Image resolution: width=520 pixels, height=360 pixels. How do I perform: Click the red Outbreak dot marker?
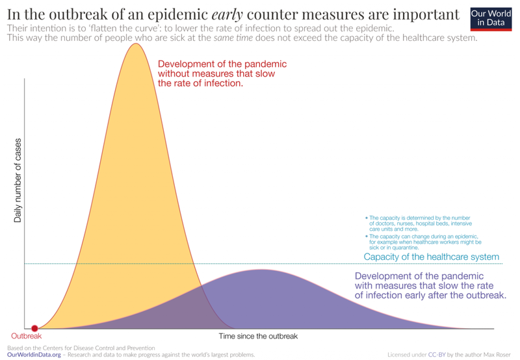(34, 329)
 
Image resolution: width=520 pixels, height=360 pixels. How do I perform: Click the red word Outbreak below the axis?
(27, 336)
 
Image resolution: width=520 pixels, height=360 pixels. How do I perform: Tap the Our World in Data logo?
(491, 19)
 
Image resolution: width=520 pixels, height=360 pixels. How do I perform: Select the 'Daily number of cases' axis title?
(18, 181)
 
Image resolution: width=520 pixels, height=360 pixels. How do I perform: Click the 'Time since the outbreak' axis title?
(258, 336)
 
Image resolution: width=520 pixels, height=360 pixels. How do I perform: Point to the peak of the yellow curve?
(135, 44)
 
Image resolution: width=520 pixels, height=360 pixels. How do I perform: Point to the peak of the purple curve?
(261, 270)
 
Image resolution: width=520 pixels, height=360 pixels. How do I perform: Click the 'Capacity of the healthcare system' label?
(431, 257)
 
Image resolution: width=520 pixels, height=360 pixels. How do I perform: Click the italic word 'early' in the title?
(227, 14)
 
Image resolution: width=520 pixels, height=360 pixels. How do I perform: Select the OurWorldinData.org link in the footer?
(34, 355)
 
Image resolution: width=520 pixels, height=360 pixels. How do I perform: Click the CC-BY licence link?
(437, 355)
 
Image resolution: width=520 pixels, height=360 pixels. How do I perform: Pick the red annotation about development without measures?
(222, 73)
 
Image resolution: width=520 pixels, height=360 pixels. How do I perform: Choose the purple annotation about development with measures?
(430, 285)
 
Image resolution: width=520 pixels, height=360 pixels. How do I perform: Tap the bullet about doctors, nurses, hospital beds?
(419, 224)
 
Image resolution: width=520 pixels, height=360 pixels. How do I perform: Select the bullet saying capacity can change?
(423, 242)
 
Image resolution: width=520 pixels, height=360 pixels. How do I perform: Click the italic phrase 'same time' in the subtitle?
(233, 38)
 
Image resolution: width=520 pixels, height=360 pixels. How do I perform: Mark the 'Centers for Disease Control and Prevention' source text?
(94, 348)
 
